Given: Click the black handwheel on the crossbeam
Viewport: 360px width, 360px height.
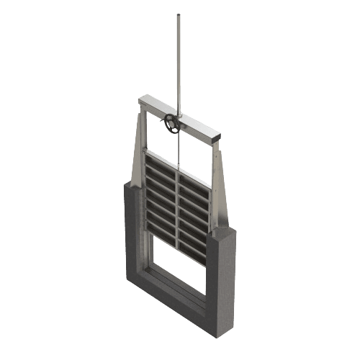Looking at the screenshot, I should (x=171, y=124).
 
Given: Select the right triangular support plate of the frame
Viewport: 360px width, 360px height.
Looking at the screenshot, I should (x=219, y=187).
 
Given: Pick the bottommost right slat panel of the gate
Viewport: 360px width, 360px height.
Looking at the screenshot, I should (x=192, y=248).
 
